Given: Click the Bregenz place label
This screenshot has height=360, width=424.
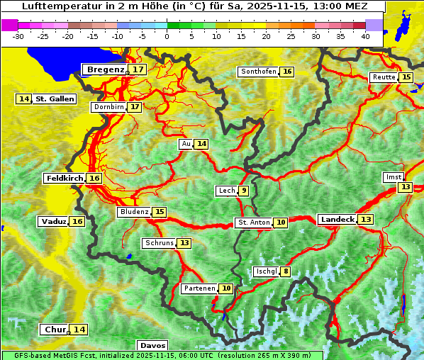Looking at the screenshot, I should (105, 69).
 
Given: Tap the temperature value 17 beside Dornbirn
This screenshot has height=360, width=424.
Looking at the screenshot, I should (134, 107).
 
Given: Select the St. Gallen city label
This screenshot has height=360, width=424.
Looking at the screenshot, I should (55, 99).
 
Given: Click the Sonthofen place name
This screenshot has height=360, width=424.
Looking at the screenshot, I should (258, 72).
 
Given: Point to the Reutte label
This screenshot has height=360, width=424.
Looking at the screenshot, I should (383, 77).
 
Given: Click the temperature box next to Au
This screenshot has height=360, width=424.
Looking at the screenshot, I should (202, 144).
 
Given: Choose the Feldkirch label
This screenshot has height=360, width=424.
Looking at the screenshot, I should (65, 179).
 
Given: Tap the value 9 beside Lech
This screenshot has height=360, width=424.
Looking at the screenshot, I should (244, 191).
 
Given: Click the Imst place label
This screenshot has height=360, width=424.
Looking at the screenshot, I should (392, 176).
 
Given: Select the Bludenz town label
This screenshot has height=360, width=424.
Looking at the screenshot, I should (134, 212).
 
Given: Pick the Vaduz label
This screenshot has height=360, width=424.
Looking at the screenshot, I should (53, 222).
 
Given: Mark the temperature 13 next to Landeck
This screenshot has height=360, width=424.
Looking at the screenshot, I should (366, 220).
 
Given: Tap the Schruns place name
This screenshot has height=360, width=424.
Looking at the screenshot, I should (159, 243).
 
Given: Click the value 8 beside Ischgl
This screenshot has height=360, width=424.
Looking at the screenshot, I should (286, 271).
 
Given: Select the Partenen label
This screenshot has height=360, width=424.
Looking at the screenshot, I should (198, 288).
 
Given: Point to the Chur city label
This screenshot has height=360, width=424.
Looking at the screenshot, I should (55, 330).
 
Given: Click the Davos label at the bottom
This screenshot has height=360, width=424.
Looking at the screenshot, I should (152, 346).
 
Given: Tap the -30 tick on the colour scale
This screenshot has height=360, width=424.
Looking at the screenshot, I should (18, 36).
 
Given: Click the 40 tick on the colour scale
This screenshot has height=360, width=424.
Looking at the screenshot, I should (365, 36).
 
